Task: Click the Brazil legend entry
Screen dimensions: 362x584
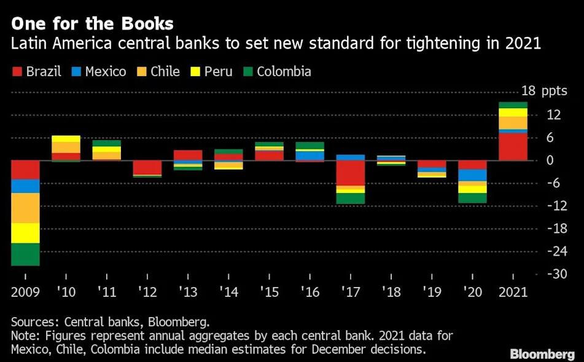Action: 36,71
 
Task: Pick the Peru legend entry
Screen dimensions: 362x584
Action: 211,71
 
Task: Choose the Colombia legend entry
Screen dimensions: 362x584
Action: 276,71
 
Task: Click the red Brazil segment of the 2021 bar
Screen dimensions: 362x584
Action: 513,147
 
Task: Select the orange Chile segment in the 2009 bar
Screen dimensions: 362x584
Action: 25,208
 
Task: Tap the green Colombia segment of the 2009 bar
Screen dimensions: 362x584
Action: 25,254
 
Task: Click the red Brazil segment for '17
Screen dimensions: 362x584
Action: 351,173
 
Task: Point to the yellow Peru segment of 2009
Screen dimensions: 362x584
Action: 25,233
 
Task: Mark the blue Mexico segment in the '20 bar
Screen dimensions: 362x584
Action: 473,175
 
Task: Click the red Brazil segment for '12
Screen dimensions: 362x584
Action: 147,167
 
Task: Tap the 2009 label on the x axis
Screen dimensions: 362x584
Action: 25,292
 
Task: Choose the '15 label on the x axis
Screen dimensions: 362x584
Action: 270,292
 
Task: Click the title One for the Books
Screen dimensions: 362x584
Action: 92,24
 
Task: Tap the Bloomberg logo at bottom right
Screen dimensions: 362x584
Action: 542,355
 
